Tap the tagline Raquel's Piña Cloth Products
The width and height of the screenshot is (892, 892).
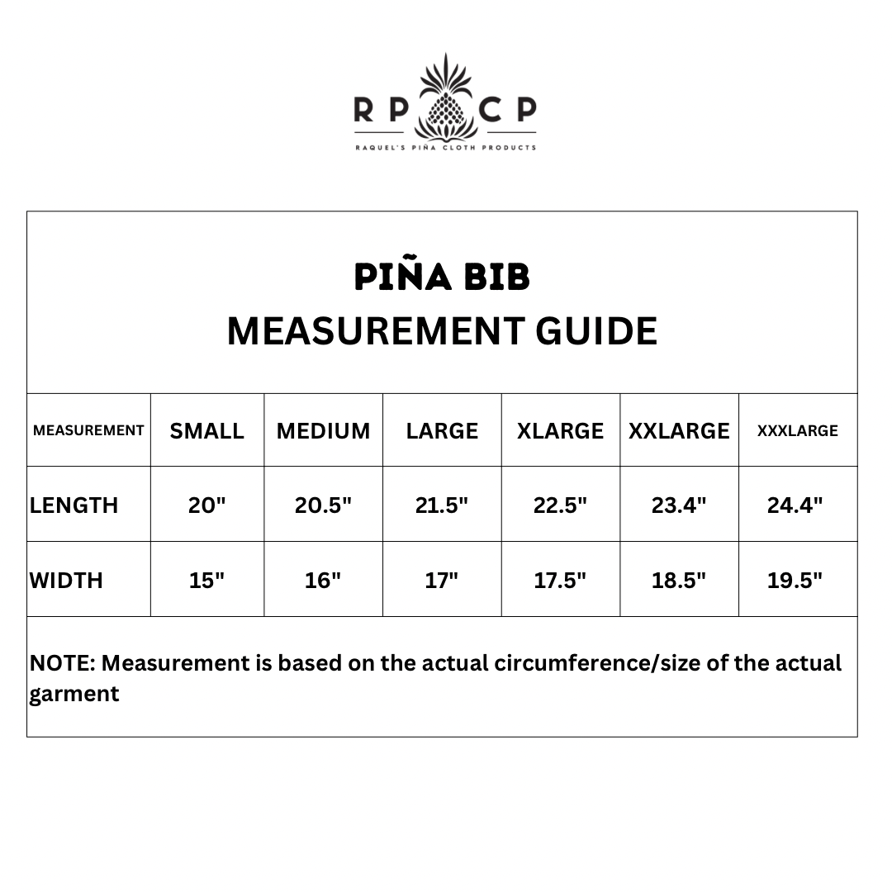tap(446, 148)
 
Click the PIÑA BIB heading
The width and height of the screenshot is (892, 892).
tap(442, 278)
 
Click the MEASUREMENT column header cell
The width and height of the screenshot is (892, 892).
tap(88, 430)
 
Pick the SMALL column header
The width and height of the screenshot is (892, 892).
tap(207, 431)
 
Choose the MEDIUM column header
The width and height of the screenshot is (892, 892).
tap(323, 431)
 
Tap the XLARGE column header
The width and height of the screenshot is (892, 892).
tap(560, 431)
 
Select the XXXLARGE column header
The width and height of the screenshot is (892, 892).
tap(798, 431)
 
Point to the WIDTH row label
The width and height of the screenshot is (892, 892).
tap(66, 581)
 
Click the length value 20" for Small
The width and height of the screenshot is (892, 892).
tap(207, 505)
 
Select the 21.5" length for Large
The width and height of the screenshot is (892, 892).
tap(442, 505)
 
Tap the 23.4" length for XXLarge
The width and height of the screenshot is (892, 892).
tap(679, 505)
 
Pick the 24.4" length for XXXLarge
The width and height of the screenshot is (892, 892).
tap(795, 505)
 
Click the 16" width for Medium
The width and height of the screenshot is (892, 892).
tap(323, 581)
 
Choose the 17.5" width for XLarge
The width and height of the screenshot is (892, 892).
tap(560, 581)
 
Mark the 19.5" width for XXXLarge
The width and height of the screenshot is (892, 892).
tap(795, 581)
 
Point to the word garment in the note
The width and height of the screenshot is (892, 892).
tap(74, 694)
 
